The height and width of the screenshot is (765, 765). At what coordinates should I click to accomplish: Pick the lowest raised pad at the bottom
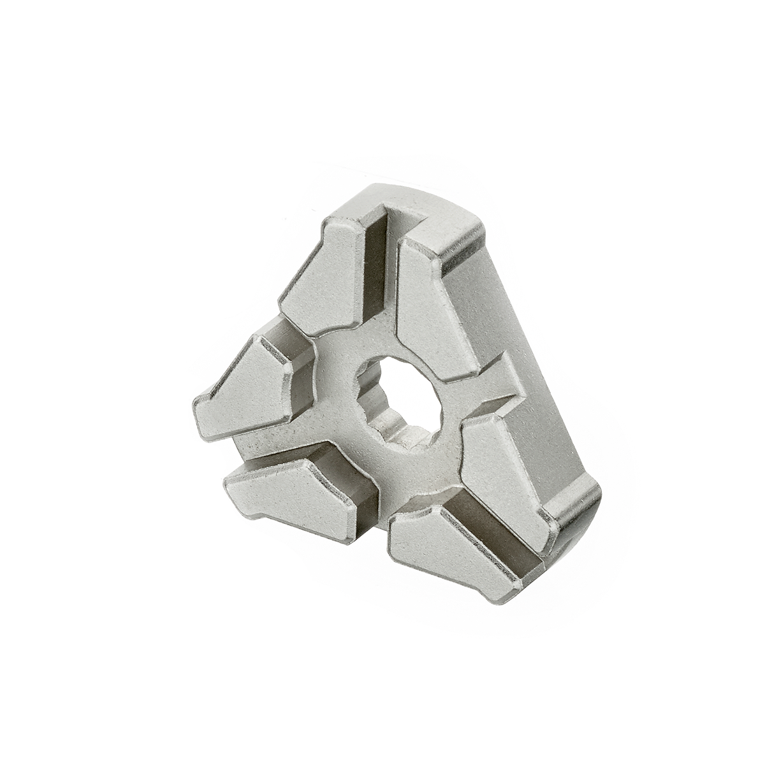pos(446,548)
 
